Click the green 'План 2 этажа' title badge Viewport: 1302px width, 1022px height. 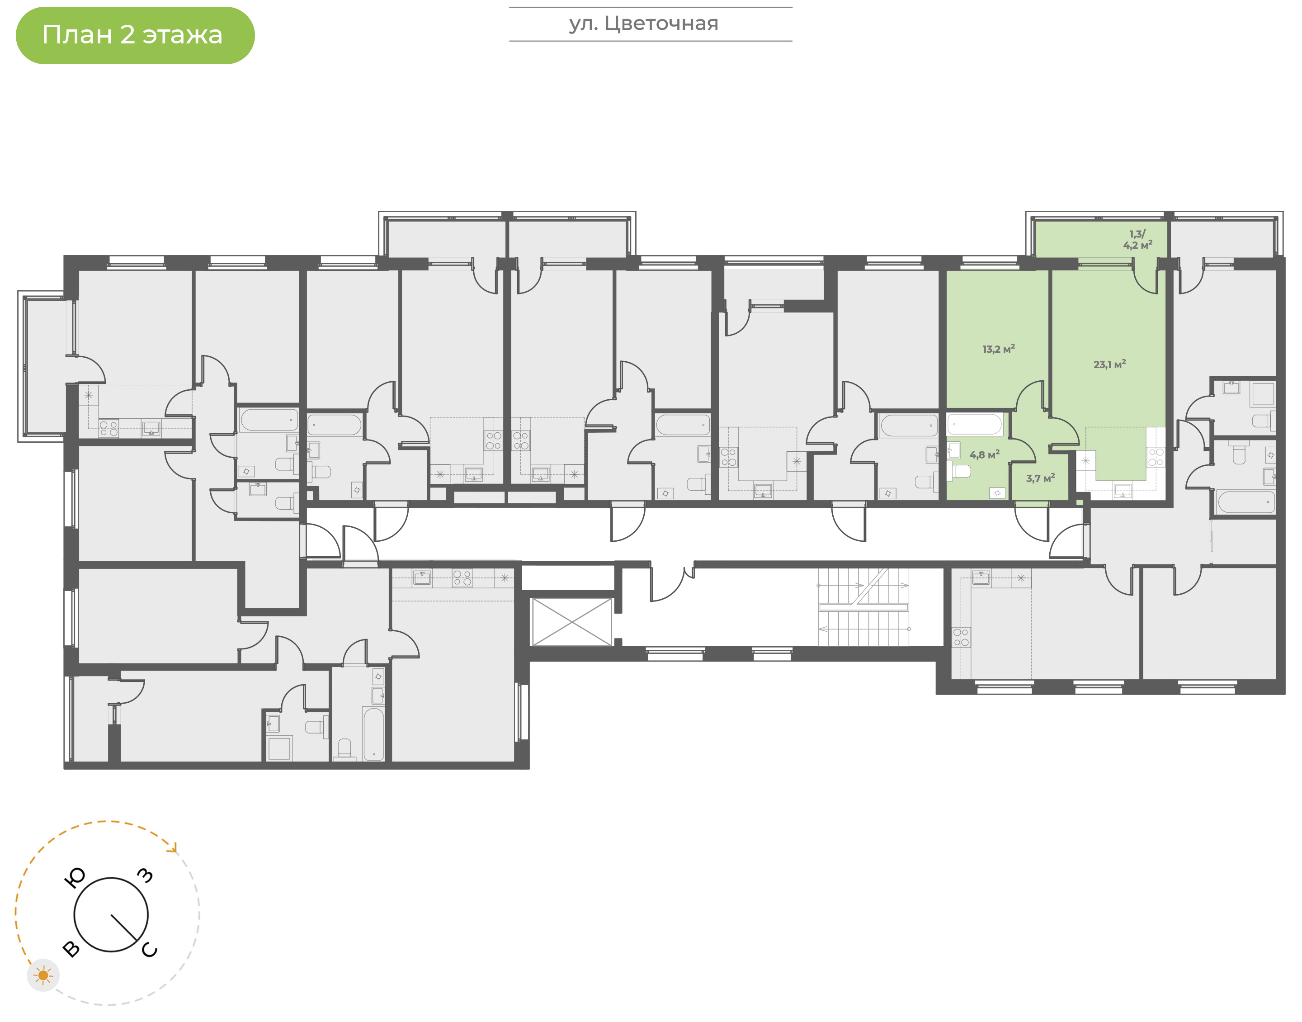tap(135, 35)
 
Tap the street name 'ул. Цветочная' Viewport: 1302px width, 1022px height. tap(643, 24)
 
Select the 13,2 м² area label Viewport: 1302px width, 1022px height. tap(998, 349)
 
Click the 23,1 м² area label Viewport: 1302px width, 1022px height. tap(1109, 364)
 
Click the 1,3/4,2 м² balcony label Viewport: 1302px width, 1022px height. tap(1137, 239)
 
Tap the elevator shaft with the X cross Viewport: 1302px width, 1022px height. tap(572, 622)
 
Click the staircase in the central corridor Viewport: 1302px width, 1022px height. tap(863, 607)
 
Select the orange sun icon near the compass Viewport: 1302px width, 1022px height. tap(43, 976)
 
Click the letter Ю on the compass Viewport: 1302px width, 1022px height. tap(74, 878)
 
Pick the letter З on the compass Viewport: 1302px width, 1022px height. tap(145, 875)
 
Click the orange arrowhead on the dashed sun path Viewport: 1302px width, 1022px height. tap(174, 848)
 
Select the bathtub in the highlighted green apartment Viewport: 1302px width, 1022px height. tap(975, 424)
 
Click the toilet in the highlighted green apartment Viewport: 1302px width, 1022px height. tap(959, 472)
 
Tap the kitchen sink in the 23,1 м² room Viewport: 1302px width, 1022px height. tap(1122, 491)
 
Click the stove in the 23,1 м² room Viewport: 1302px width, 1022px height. tap(1156, 457)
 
